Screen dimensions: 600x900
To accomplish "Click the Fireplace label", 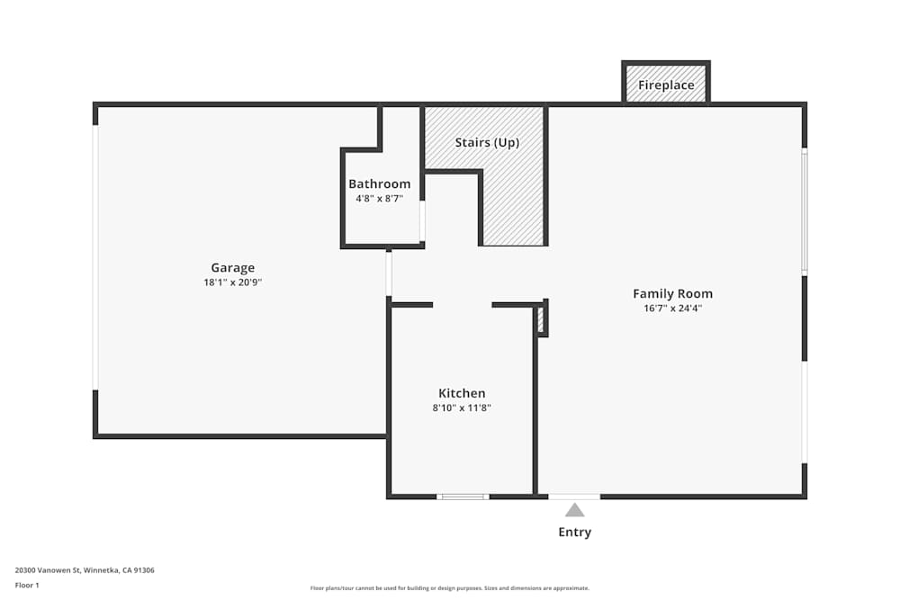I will point(666,85).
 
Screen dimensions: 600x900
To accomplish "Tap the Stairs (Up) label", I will point(486,142).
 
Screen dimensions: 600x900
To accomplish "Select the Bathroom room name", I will point(379,184).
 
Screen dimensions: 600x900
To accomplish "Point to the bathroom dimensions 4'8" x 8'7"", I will point(379,198).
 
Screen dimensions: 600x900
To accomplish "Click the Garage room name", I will point(232,267).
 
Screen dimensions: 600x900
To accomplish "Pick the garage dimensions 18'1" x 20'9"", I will point(232,282).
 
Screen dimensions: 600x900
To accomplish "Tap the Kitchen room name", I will point(462,393).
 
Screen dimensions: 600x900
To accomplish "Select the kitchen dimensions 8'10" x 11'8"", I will point(462,407).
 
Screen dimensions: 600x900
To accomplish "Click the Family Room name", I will point(672,293).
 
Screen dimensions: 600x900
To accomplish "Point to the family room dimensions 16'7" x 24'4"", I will point(672,308).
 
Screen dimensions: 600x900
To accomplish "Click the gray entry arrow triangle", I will point(574,510).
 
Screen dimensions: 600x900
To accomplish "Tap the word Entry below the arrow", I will point(574,532).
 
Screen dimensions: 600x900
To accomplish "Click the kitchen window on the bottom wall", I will point(463,497).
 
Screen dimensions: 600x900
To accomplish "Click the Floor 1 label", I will point(27,585).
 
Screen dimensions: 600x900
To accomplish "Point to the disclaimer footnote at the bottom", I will point(450,588).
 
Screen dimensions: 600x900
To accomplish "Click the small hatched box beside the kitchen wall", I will point(541,319).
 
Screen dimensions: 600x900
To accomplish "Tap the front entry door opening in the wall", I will point(574,497).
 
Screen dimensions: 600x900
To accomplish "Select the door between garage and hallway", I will point(389,274).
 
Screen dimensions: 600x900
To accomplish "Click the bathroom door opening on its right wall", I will point(422,220).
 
